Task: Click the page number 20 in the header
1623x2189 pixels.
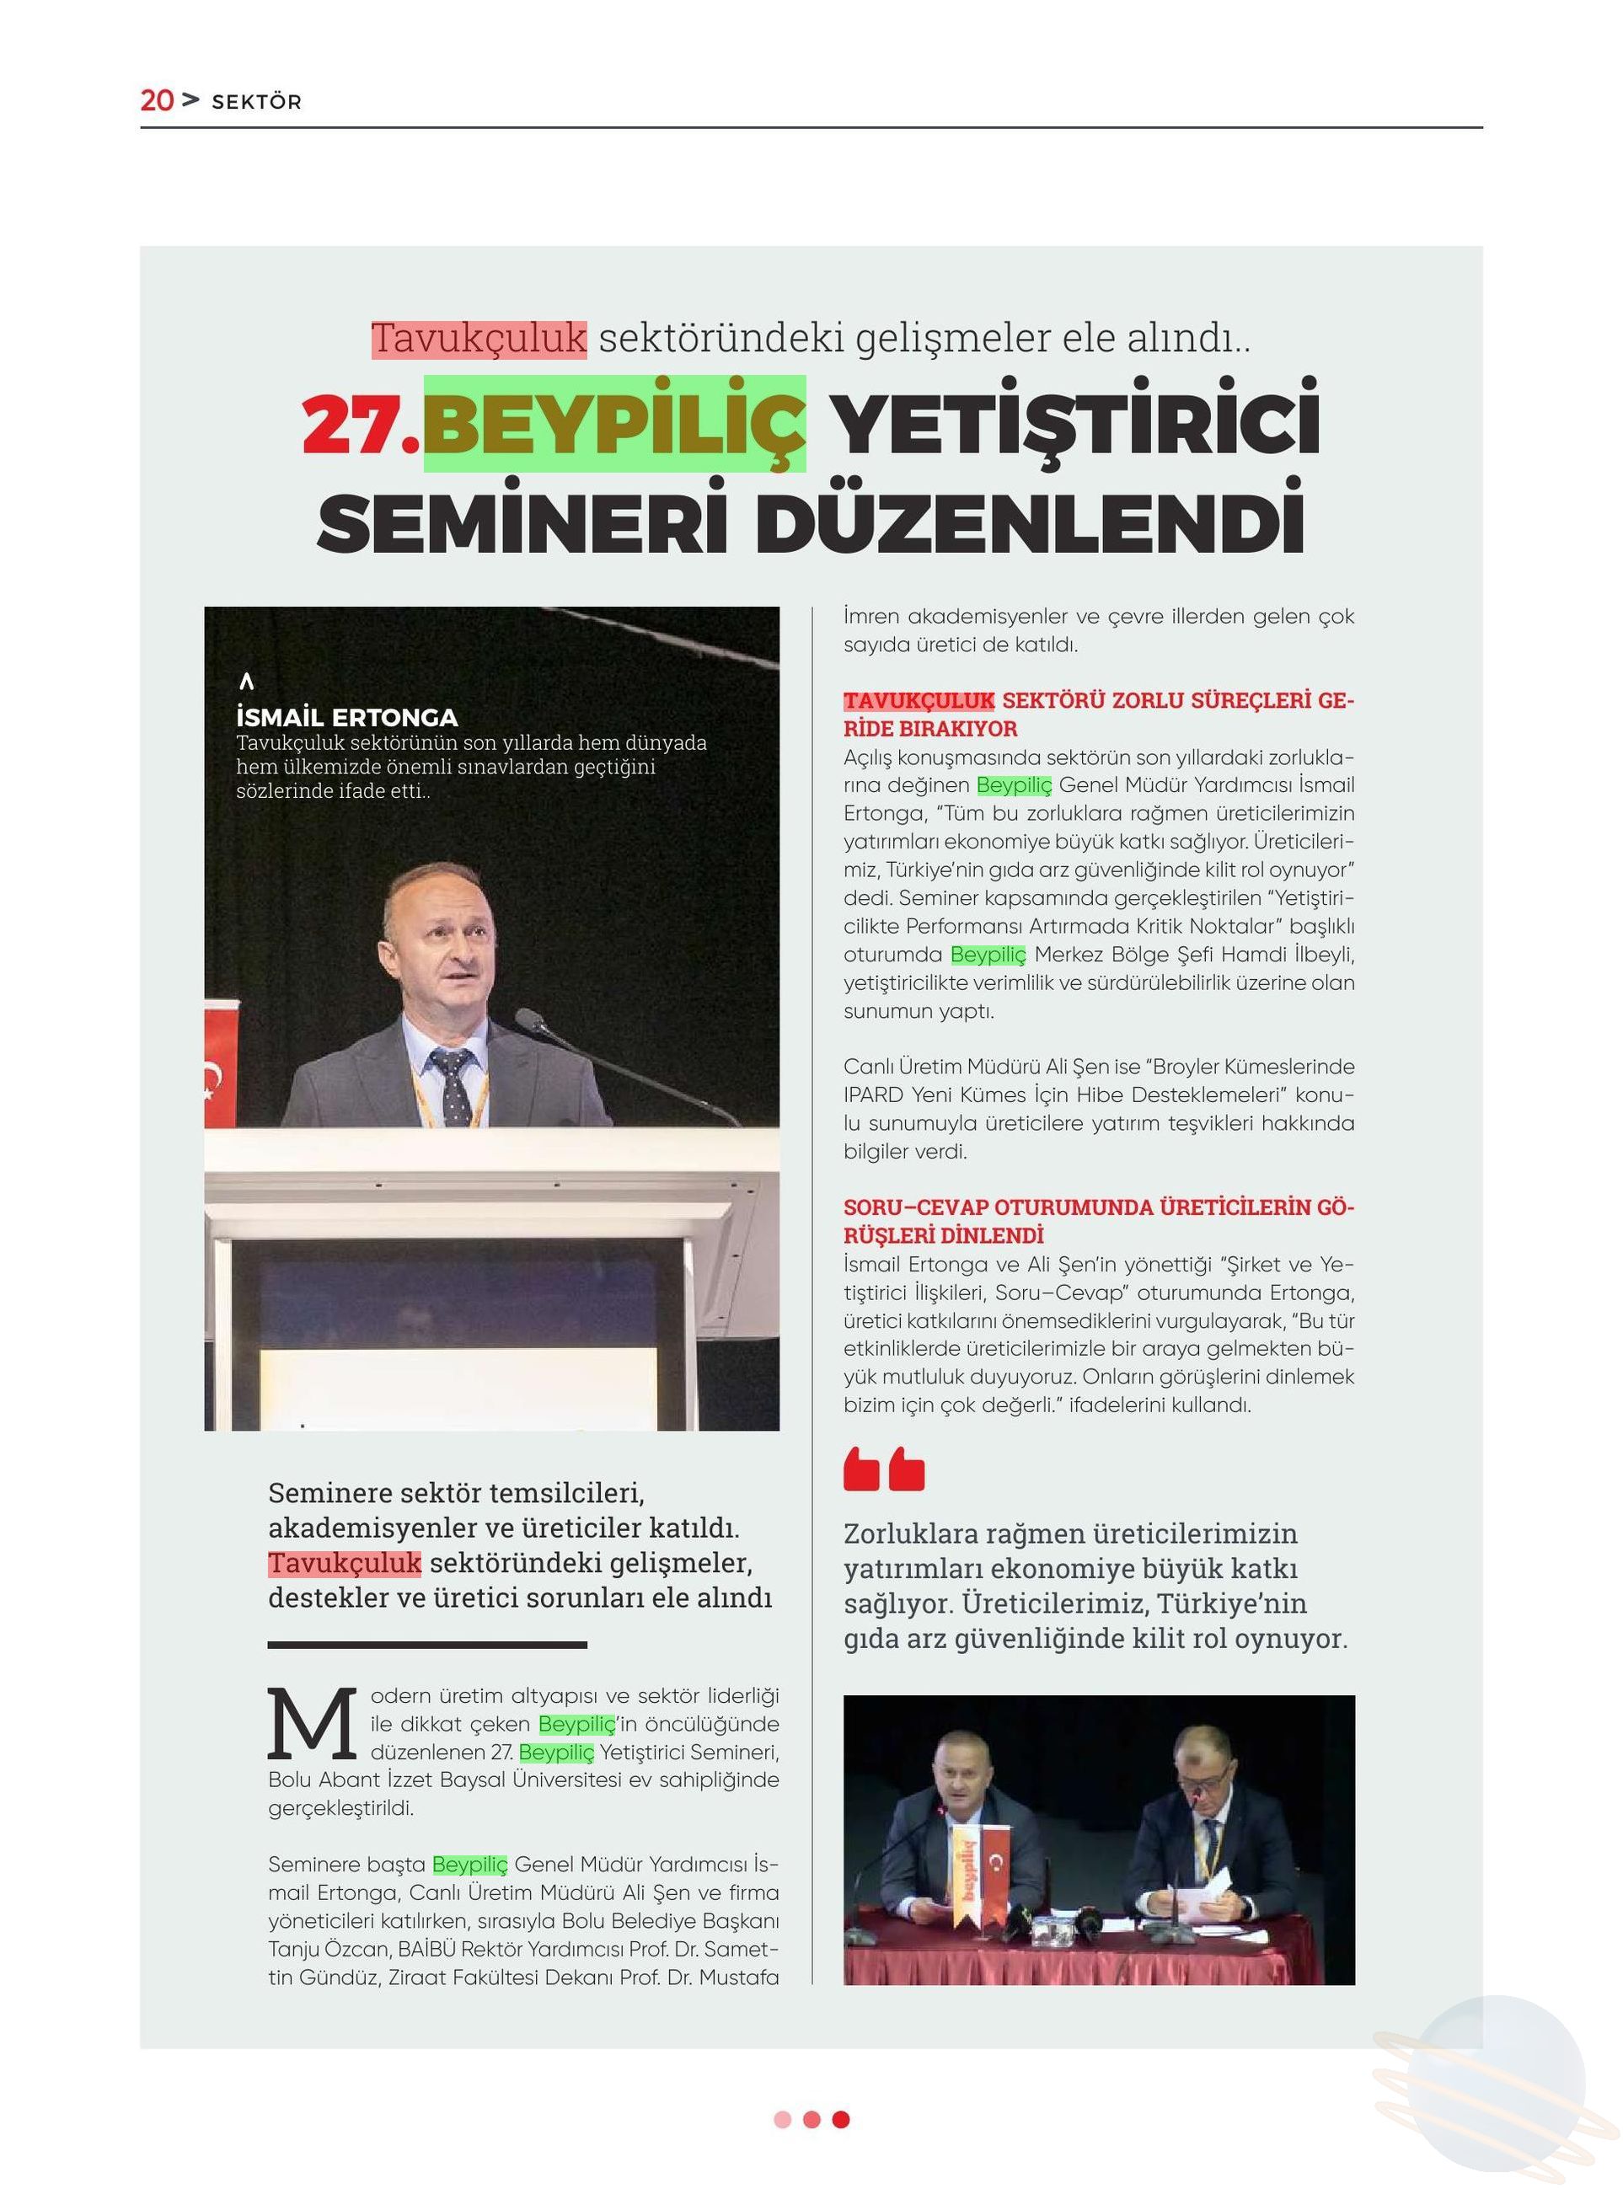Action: point(156,100)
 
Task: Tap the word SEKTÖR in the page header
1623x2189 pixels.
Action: point(256,102)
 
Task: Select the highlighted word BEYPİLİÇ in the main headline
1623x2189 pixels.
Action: point(614,425)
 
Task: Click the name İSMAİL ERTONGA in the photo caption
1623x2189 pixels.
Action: point(347,717)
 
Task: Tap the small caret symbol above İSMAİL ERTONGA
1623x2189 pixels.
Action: point(247,681)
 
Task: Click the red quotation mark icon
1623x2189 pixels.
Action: point(883,1469)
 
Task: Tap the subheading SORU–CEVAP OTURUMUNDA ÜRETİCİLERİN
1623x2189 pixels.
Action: point(1097,1207)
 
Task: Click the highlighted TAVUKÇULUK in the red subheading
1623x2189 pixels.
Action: point(919,701)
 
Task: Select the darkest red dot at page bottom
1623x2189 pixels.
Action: point(841,2119)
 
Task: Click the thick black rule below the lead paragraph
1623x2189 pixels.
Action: point(427,1644)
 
